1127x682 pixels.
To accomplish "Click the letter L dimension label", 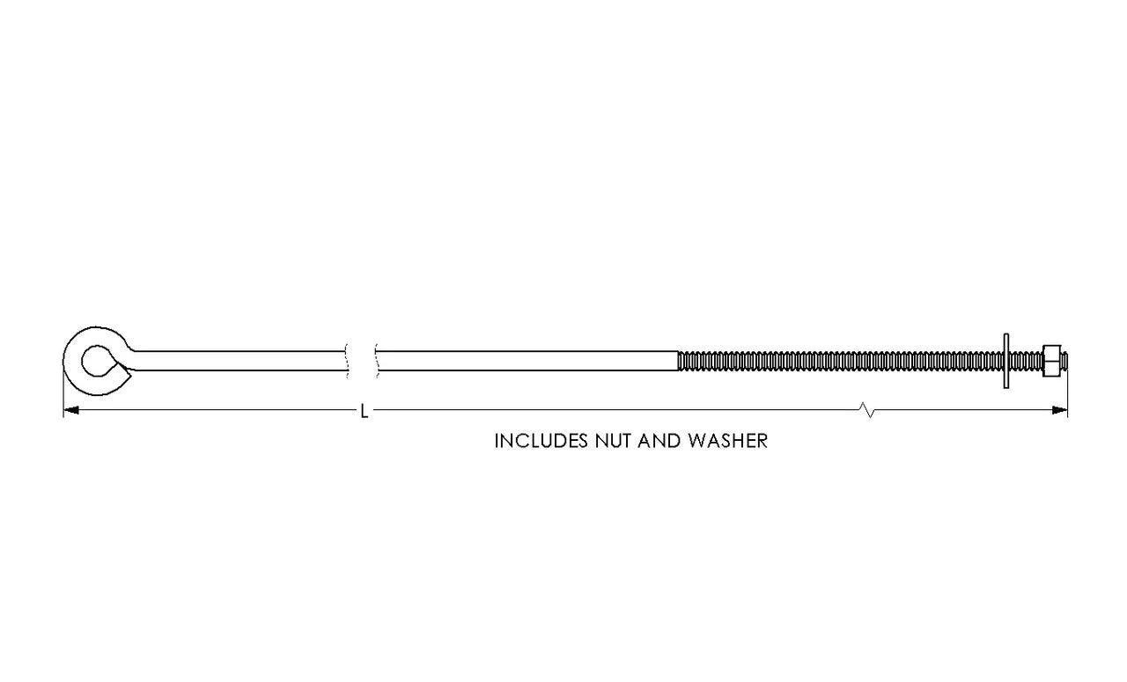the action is click(365, 411).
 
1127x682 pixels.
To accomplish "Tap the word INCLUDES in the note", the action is click(541, 441).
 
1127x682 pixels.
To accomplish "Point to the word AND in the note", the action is click(660, 441).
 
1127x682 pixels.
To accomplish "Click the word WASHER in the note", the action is click(728, 441).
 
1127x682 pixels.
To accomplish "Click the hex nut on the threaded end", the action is click(1052, 361).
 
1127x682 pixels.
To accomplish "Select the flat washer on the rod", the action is click(1006, 361).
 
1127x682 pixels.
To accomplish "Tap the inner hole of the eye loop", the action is click(97, 361).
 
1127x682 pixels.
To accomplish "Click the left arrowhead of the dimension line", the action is click(71, 410).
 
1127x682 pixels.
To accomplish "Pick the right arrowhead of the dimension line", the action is click(1059, 410).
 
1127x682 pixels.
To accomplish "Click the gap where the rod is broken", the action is click(362, 361).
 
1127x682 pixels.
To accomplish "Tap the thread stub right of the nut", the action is click(1064, 361).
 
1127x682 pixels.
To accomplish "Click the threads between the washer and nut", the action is click(1026, 361).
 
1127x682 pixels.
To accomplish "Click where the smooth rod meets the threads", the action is click(678, 361).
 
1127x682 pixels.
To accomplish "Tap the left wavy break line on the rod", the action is click(347, 361).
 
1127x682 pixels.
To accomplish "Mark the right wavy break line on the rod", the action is click(377, 361).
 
